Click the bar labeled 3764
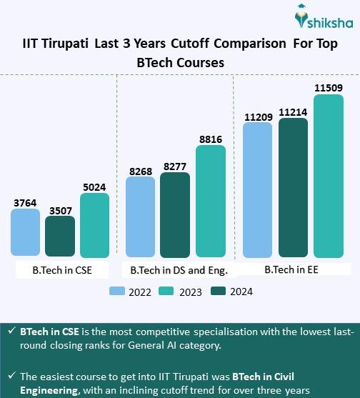tap(25, 233)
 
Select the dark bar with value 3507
tap(60, 237)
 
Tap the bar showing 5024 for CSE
tap(94, 225)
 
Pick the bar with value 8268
tap(140, 217)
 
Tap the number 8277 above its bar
tap(175, 166)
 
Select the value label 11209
tap(257, 115)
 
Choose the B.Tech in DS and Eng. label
tap(179, 270)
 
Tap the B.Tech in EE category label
tap(294, 270)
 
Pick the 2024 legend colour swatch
tap(218, 291)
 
